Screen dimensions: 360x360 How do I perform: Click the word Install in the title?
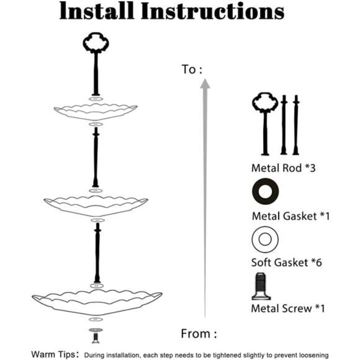pyautogui.click(x=97, y=11)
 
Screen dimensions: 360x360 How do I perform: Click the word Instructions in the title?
pyautogui.click(x=213, y=11)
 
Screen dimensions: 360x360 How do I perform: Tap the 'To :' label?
pyautogui.click(x=192, y=70)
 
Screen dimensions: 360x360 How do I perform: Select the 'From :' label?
pyautogui.click(x=199, y=333)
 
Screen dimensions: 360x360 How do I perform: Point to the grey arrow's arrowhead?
pyautogui.click(x=205, y=84)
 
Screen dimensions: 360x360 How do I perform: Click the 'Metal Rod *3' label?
pyautogui.click(x=283, y=168)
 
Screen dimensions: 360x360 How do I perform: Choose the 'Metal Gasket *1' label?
pyautogui.click(x=290, y=216)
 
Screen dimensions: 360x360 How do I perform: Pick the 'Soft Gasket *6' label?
pyautogui.click(x=287, y=263)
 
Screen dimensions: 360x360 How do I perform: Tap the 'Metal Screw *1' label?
pyautogui.click(x=288, y=308)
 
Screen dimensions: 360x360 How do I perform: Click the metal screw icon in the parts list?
pyautogui.click(x=261, y=286)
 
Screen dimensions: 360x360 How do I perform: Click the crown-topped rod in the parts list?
pyautogui.click(x=265, y=128)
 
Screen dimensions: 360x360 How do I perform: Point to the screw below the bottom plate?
pyautogui.click(x=96, y=338)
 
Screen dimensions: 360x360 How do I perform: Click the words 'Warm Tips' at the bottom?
pyautogui.click(x=53, y=354)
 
